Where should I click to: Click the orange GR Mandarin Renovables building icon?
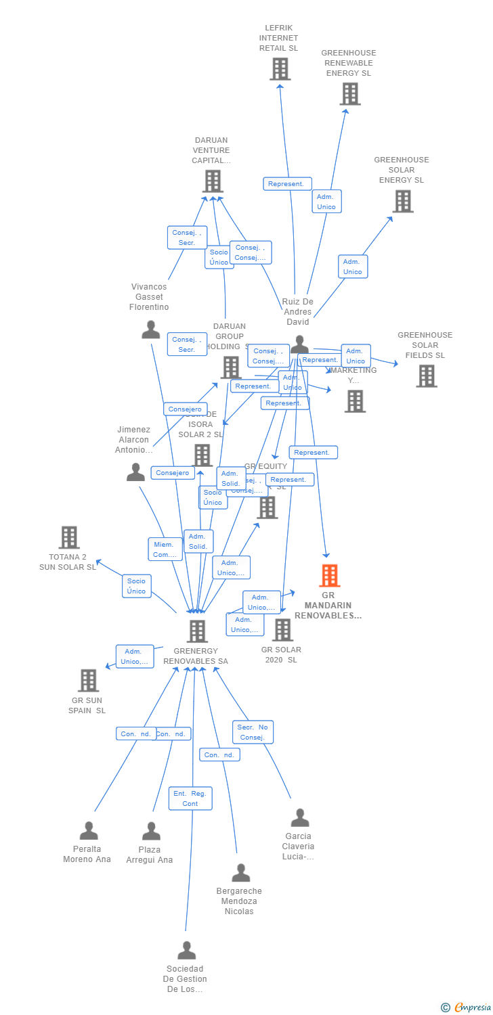(329, 576)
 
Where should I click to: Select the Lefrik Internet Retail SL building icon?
(280, 69)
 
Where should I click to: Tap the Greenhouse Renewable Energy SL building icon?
(349, 94)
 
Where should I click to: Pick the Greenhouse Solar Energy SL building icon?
(402, 201)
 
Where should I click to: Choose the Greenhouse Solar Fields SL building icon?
(426, 376)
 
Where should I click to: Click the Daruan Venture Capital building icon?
(212, 181)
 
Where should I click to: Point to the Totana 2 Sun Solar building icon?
(68, 537)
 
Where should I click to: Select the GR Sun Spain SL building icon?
(88, 680)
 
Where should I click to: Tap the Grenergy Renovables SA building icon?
(196, 631)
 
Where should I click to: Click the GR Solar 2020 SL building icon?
(282, 629)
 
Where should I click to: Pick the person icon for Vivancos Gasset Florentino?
(150, 330)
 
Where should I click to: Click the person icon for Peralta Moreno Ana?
(88, 831)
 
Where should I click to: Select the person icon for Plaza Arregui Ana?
(150, 831)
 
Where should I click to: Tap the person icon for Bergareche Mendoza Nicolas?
(240, 873)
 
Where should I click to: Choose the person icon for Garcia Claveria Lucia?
(299, 818)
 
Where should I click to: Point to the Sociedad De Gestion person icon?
(186, 951)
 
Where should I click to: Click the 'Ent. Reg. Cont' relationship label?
(190, 798)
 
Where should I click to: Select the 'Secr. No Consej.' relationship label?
(253, 732)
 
